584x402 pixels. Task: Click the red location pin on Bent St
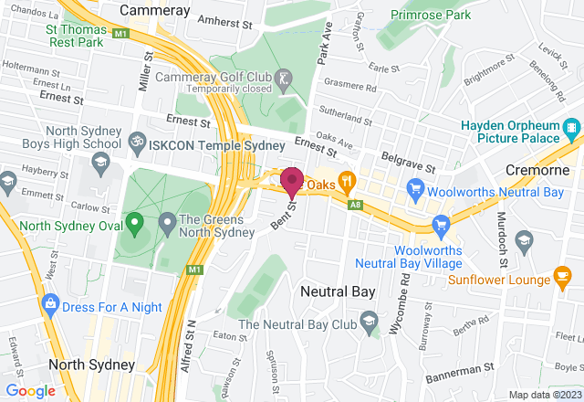click(292, 182)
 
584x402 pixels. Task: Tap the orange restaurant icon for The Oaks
click(347, 180)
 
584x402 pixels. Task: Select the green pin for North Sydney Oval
click(135, 221)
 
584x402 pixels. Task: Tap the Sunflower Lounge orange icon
click(563, 276)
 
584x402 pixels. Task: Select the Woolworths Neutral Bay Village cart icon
click(442, 224)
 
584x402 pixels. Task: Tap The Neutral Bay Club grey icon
click(369, 319)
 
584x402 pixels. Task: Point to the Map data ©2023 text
click(543, 395)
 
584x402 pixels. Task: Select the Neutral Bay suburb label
click(332, 292)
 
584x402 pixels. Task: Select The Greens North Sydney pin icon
click(167, 221)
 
